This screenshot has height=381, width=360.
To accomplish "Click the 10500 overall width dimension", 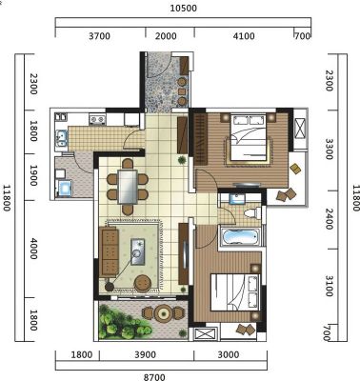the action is click(184, 8).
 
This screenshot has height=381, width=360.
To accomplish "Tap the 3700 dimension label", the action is click(99, 36).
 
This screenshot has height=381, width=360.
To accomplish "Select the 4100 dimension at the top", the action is click(244, 36).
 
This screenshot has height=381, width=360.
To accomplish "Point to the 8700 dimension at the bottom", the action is click(154, 377).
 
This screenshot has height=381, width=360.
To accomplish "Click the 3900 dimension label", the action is click(145, 354).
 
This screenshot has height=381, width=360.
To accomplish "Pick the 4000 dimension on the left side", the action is click(33, 249).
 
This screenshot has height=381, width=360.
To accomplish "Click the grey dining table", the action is click(128, 187).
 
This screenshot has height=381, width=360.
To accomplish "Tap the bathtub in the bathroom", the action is click(240, 237).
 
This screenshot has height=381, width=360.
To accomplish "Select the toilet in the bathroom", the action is click(252, 212).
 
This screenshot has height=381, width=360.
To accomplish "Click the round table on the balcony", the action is click(164, 313).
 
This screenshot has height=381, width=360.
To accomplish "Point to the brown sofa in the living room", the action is click(109, 252).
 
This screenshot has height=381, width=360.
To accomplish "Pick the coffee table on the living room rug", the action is click(137, 251).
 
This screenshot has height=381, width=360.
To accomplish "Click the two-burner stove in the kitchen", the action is click(97, 119).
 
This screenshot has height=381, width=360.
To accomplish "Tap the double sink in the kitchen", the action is click(61, 138).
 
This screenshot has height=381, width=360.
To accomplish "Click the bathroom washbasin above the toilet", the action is click(237, 199).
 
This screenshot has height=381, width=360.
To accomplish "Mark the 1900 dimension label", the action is click(33, 175).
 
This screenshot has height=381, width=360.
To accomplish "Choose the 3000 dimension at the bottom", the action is click(229, 354).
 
